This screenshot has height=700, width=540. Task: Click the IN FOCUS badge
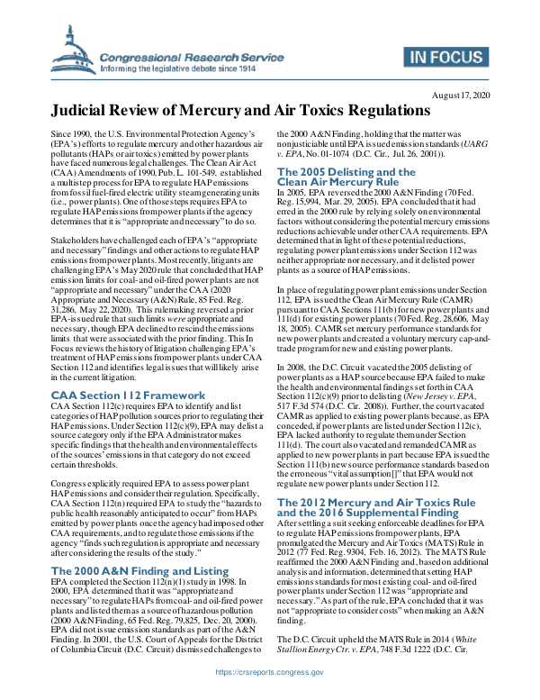click(x=444, y=59)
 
